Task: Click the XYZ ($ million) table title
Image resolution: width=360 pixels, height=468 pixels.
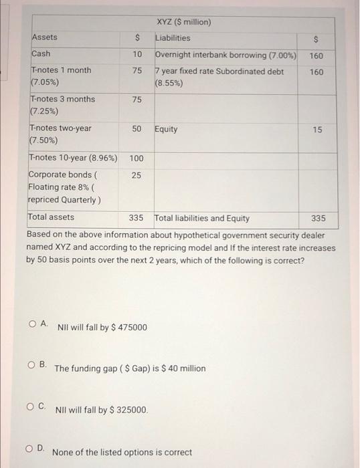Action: (x=183, y=22)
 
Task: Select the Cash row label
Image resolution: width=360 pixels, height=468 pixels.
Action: (x=41, y=53)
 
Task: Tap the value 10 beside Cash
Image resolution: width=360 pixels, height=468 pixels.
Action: (x=137, y=53)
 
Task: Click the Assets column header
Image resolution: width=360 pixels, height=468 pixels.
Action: (x=44, y=37)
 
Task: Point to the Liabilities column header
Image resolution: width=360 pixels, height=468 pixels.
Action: (x=173, y=38)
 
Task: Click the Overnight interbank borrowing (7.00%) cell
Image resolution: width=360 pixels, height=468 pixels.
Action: (x=226, y=54)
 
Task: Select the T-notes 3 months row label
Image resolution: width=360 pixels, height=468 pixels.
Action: (x=62, y=105)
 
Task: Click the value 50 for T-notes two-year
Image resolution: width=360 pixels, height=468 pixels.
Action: (x=137, y=128)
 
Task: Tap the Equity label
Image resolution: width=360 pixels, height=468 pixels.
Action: (x=166, y=129)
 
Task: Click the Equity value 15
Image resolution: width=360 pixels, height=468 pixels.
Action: (x=317, y=129)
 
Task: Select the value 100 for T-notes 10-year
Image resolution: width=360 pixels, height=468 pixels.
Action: (x=137, y=159)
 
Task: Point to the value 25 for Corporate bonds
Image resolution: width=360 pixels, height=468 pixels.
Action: (x=137, y=175)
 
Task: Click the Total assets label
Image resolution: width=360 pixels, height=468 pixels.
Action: (x=51, y=217)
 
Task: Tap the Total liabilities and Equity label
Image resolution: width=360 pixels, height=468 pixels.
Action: (x=201, y=218)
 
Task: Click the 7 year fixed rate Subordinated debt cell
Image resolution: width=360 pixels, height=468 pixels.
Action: (x=219, y=77)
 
